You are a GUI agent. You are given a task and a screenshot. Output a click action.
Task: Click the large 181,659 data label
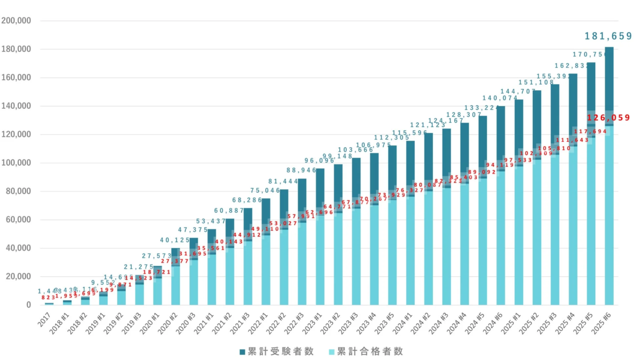pos(608,36)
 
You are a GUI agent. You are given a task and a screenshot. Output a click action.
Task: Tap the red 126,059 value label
pos(608,118)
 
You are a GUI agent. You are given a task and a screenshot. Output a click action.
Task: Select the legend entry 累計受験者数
pos(272,351)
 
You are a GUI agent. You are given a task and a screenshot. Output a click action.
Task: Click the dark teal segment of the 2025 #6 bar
pos(609,80)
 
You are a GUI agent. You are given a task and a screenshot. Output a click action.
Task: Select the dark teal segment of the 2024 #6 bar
pos(500,133)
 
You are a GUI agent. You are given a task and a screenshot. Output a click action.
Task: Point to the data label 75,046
pos(266,190)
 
